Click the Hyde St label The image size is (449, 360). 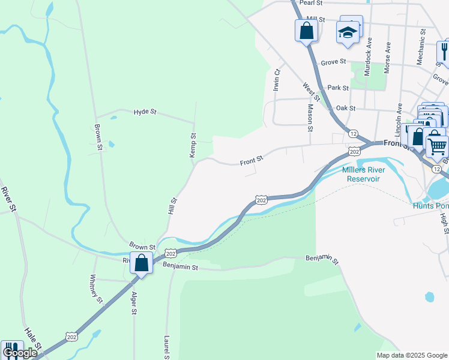point(145,112)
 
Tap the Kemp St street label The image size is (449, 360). point(193,145)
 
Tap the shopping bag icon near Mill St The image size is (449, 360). point(306,31)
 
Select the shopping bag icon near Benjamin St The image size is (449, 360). point(142,263)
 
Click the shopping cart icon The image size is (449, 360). point(437,145)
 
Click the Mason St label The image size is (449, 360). point(310,118)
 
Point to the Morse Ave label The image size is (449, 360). point(388,58)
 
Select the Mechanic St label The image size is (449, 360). point(422,47)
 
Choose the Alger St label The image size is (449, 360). point(134,304)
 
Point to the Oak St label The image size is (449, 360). point(346,108)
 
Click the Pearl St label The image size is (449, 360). point(311,3)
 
